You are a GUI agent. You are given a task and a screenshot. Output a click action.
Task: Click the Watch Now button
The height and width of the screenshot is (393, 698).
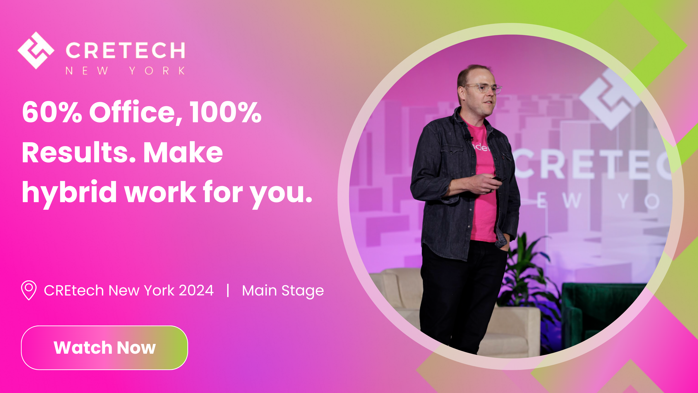[104, 348]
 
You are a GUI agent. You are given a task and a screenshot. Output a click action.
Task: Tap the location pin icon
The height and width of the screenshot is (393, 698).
[29, 290]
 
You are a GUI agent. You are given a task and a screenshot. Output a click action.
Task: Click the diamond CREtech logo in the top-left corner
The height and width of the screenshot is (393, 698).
[36, 50]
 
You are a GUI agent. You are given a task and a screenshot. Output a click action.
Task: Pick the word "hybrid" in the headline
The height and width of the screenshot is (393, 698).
[69, 192]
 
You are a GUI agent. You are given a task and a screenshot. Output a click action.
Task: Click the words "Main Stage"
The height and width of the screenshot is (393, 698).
[283, 291]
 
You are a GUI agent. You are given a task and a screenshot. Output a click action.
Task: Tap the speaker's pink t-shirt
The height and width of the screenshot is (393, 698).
[484, 190]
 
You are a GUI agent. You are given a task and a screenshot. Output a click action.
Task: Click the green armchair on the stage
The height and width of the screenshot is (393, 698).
[596, 312]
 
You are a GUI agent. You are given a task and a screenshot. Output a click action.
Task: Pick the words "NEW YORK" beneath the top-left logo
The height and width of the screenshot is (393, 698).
[125, 71]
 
